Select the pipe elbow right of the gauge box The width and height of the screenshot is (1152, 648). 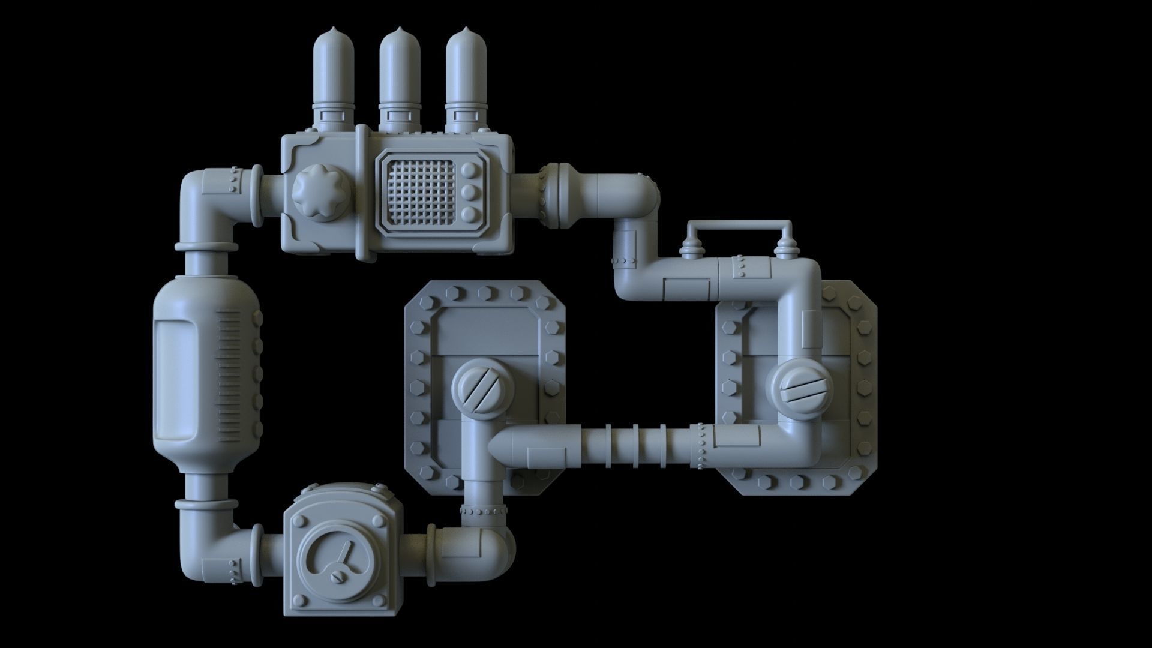tap(489, 552)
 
